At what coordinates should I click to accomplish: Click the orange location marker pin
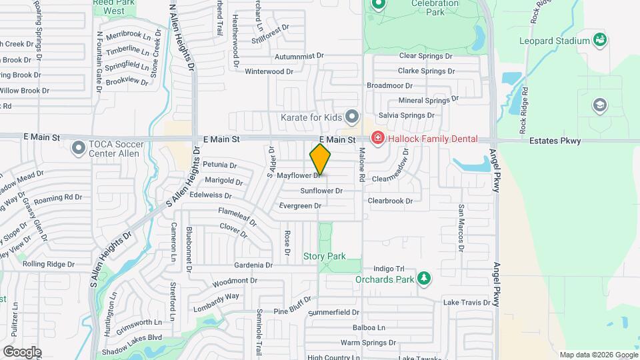click(320, 159)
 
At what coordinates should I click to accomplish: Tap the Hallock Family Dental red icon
click(377, 139)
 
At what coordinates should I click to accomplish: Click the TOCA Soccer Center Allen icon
click(79, 147)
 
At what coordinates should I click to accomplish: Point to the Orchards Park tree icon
click(423, 279)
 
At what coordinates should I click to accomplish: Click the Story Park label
click(325, 256)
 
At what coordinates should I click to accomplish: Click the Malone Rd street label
click(362, 165)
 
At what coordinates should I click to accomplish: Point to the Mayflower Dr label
click(299, 176)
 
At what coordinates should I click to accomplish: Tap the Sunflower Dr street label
click(321, 191)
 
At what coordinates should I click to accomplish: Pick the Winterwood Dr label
click(269, 71)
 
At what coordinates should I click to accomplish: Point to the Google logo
click(22, 351)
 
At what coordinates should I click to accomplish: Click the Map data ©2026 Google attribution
click(597, 355)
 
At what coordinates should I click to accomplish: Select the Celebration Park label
click(444, 7)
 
